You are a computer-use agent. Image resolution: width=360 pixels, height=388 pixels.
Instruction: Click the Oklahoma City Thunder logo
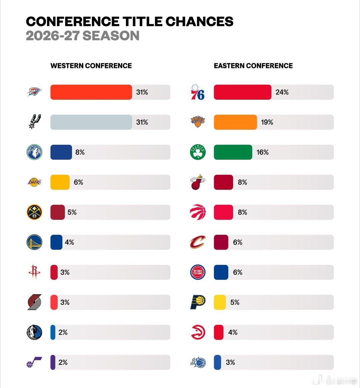[34, 92]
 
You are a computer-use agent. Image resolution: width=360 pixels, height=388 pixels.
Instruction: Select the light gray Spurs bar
[91, 122]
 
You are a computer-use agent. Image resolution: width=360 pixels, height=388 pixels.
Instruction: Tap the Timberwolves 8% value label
[80, 152]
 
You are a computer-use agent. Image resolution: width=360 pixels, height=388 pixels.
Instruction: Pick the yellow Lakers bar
[60, 182]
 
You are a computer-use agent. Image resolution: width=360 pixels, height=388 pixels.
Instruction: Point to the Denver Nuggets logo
[34, 212]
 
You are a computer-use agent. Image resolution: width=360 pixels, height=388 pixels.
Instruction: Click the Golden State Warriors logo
[34, 242]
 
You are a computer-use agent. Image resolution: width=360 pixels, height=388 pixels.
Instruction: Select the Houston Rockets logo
[34, 272]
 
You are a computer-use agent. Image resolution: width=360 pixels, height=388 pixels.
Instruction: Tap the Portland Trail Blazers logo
[34, 302]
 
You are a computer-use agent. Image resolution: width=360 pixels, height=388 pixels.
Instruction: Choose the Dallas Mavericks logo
[34, 332]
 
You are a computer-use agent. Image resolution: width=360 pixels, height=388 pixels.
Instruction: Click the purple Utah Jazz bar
[53, 362]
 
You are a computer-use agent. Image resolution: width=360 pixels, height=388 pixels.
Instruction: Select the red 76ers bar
[243, 92]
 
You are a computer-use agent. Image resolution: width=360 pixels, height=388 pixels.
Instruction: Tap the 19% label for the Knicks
[267, 122]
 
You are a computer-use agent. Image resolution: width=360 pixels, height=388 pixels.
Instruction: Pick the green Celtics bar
[233, 152]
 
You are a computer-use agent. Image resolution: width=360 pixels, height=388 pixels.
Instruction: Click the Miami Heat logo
[198, 182]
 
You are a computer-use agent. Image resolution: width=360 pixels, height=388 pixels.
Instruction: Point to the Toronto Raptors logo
[198, 212]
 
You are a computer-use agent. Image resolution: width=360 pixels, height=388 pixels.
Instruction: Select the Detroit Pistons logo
[198, 272]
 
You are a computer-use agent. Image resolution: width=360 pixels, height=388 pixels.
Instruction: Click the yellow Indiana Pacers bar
[220, 302]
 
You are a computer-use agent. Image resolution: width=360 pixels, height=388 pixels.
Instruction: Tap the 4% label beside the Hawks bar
[233, 332]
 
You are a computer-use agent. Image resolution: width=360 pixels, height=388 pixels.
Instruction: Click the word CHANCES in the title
[199, 21]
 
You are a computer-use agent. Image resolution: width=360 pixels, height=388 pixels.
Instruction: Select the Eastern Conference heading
[253, 66]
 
